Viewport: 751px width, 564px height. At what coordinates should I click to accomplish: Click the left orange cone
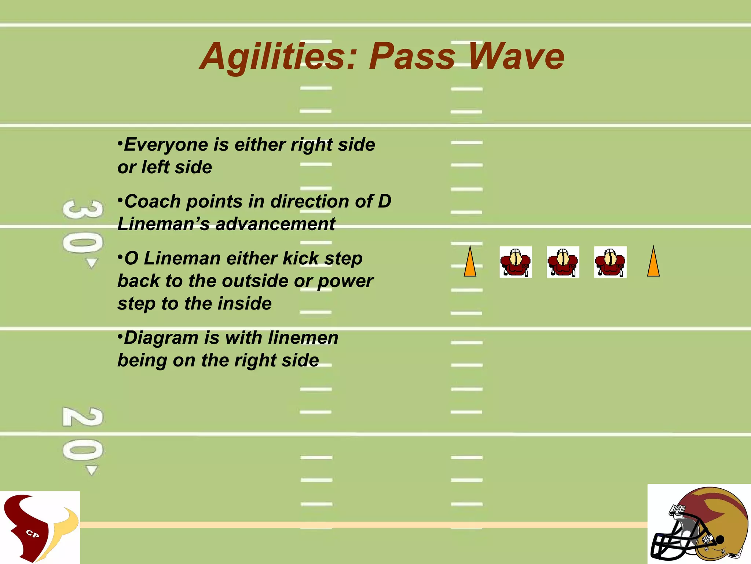point(470,262)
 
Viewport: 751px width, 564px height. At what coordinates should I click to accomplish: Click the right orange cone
point(653,262)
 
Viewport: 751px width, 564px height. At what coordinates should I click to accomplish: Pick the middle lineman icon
point(563,262)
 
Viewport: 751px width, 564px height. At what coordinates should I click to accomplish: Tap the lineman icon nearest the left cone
point(516,262)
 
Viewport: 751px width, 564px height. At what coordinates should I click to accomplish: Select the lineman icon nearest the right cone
point(610,262)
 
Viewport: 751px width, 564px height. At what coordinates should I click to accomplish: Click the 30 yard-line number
point(83,227)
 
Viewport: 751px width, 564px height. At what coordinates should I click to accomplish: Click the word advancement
point(275,224)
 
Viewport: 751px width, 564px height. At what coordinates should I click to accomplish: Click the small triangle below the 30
point(91,263)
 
